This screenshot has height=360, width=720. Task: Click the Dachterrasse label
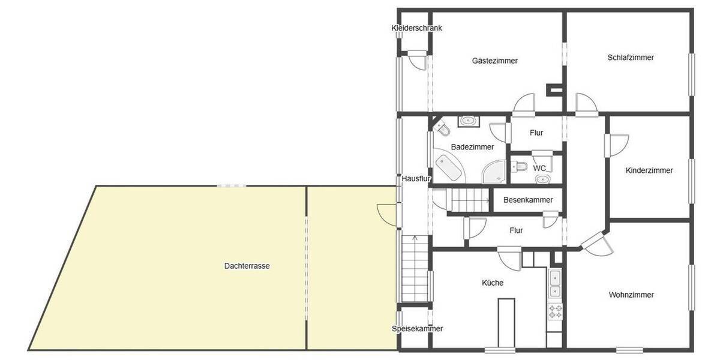[247, 266]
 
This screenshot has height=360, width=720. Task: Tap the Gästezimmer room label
[494, 61]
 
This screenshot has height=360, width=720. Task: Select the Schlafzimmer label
[630, 58]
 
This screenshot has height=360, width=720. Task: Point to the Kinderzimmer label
[649, 170]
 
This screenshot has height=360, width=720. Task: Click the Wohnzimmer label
[631, 295]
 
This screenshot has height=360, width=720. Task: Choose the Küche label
[493, 283]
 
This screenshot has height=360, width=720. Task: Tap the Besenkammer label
[528, 200]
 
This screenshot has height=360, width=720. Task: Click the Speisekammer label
[417, 329]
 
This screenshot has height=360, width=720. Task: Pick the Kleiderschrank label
[416, 28]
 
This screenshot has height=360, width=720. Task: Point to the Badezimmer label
[472, 147]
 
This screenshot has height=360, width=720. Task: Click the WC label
[539, 169]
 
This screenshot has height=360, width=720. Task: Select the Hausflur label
[417, 178]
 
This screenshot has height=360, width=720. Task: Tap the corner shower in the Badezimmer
[496, 172]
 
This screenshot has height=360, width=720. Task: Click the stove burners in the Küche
[555, 311]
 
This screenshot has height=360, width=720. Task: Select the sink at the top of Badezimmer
[468, 122]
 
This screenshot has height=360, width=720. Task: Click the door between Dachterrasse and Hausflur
[389, 212]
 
